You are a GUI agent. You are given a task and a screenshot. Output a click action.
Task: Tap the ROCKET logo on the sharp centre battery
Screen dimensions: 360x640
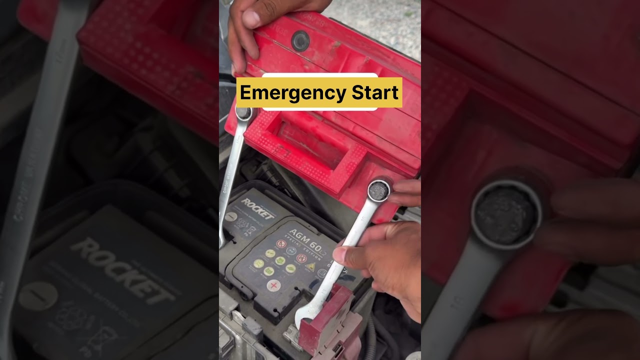point(257,208)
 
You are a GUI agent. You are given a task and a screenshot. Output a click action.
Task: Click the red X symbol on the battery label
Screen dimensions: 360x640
point(273,285)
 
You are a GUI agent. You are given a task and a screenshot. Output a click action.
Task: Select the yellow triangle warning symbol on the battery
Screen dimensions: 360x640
point(310,266)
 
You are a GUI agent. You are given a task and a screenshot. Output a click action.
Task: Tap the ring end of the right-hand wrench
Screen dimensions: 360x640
point(378,190)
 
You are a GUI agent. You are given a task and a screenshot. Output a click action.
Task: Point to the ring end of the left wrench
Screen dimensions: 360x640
point(243,113)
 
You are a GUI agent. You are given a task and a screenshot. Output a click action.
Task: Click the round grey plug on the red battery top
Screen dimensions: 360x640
point(300,40)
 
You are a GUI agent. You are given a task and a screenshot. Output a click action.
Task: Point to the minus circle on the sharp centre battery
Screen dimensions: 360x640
point(230,216)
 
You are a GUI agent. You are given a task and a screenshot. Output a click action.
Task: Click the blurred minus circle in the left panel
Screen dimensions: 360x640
point(37,295)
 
